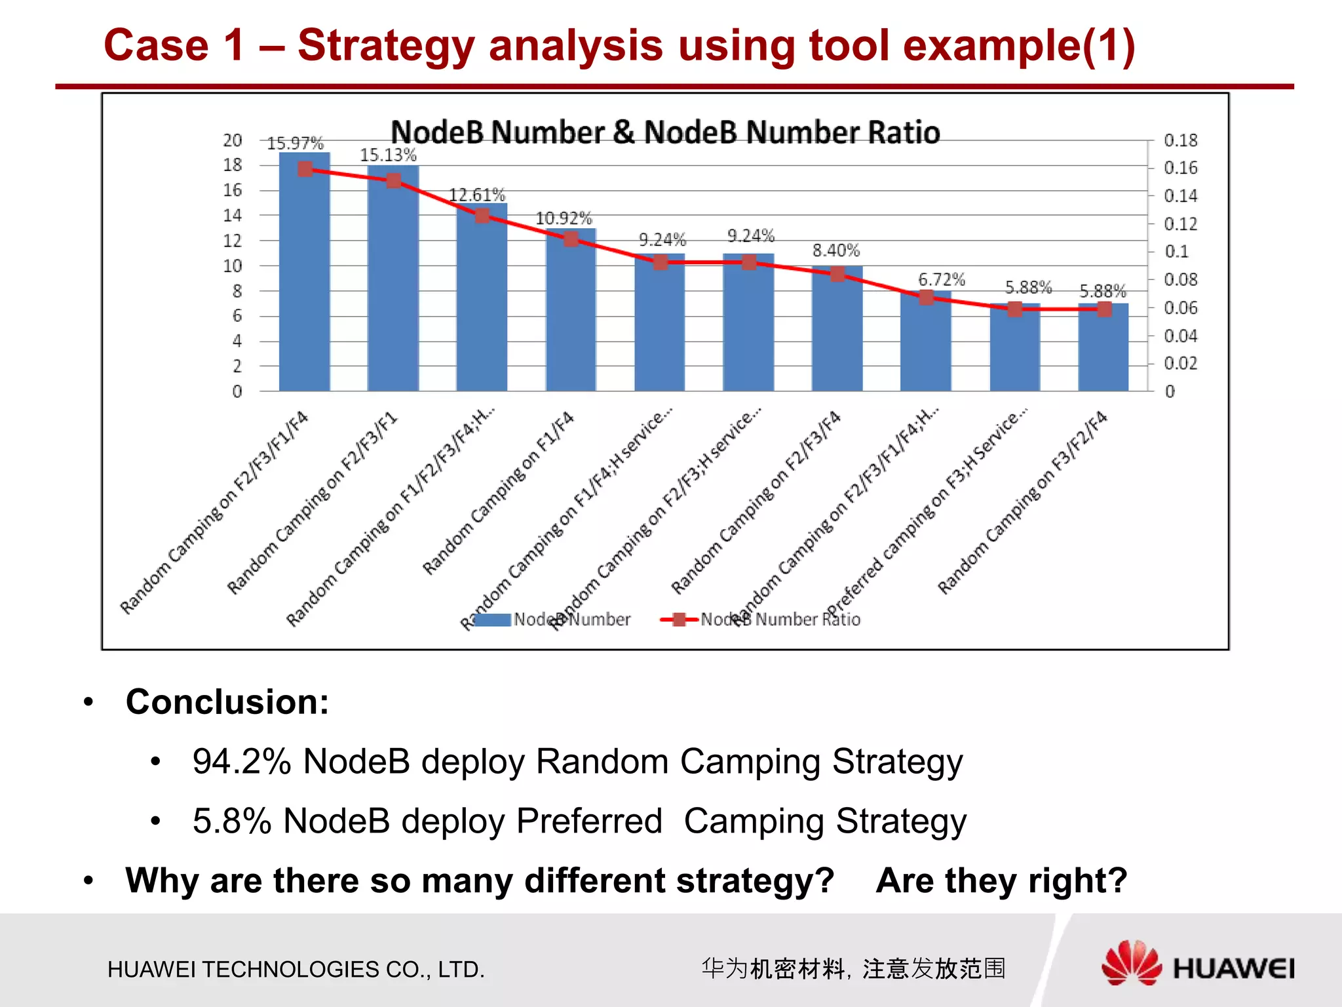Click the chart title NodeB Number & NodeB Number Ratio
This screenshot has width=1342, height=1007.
tap(665, 132)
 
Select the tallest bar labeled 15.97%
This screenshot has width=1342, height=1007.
tap(305, 275)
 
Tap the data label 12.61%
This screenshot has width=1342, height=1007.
tap(476, 195)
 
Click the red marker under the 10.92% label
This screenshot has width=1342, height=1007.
tap(571, 239)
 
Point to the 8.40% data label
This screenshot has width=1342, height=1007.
tap(835, 250)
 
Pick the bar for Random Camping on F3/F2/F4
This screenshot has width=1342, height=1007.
tap(1103, 347)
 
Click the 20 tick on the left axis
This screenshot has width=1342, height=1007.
tap(233, 140)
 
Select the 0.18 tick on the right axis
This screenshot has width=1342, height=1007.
tap(1180, 140)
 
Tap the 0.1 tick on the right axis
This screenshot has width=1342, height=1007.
tap(1176, 252)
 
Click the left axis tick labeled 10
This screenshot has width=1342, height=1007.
tap(233, 266)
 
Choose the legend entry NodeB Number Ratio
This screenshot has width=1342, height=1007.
tap(780, 620)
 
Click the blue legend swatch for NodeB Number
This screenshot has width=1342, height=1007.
tap(492, 620)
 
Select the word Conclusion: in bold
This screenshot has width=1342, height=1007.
tap(227, 701)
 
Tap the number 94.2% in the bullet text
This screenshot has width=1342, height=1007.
tap(241, 762)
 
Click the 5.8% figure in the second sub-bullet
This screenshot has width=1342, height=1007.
tap(231, 821)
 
